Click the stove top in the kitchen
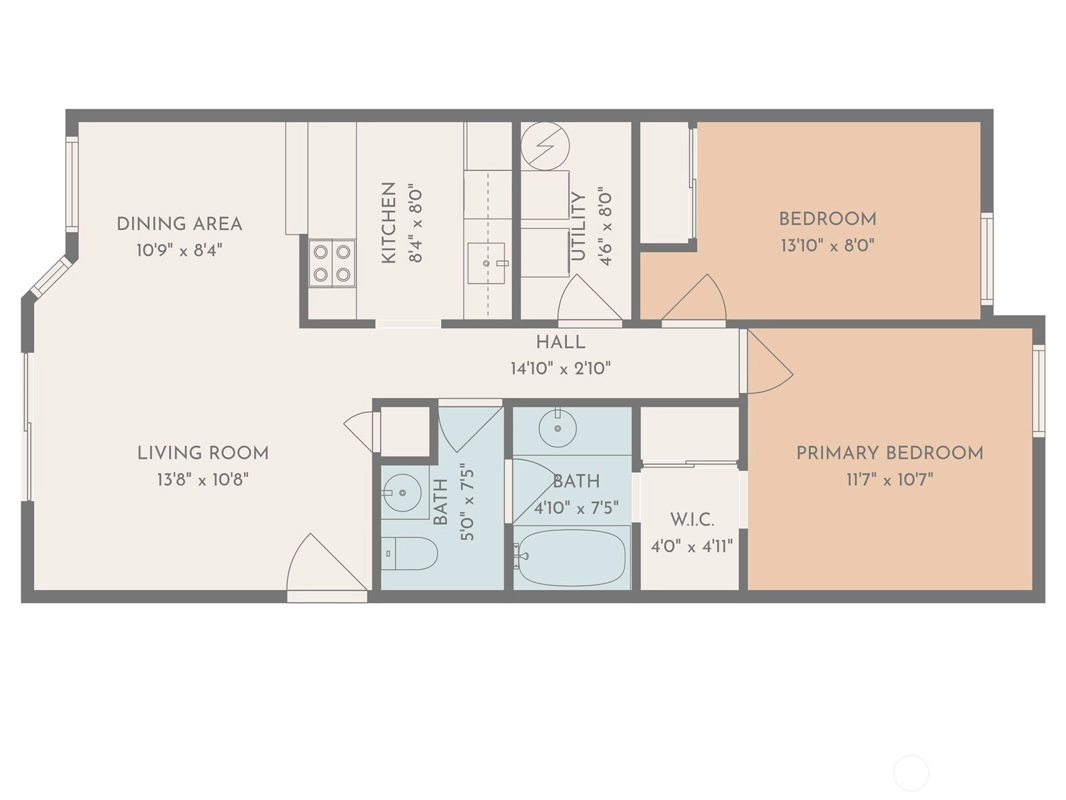(x=332, y=263)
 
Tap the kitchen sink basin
(x=486, y=263)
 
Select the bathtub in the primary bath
(x=572, y=557)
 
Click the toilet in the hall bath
(x=409, y=553)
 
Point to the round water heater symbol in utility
(x=545, y=146)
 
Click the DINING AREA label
(x=180, y=224)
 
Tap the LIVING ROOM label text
(x=203, y=453)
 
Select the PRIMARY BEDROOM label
(x=889, y=453)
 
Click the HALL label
(x=560, y=343)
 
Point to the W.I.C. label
(x=692, y=520)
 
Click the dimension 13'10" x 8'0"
(x=827, y=245)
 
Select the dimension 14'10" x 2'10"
(x=560, y=369)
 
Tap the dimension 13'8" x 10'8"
(x=203, y=480)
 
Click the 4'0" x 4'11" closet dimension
(x=692, y=547)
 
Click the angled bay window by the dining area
(x=51, y=276)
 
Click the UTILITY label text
(x=578, y=227)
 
